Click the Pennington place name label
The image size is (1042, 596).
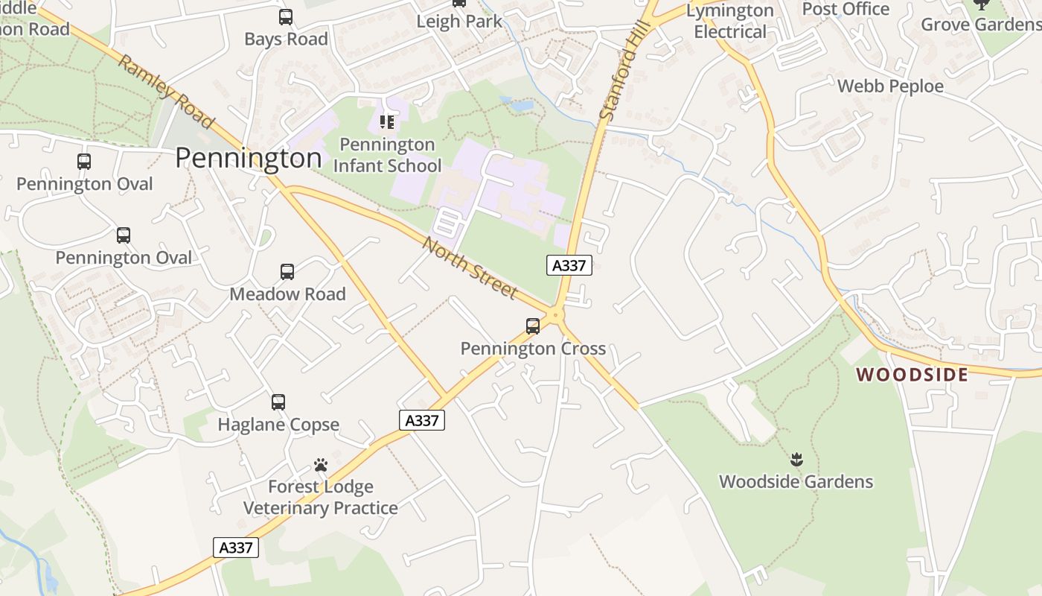click(249, 158)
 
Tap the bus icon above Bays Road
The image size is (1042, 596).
click(286, 16)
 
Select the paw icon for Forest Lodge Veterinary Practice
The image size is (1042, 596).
click(321, 465)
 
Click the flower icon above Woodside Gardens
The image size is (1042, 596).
click(796, 460)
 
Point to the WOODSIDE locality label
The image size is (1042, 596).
click(912, 374)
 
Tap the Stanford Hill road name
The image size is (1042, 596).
click(619, 72)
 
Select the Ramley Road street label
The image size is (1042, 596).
click(166, 91)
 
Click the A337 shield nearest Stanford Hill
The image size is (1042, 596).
click(569, 265)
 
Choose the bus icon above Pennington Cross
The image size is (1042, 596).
click(533, 326)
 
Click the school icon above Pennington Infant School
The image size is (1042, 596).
click(386, 121)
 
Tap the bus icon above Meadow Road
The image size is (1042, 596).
click(287, 272)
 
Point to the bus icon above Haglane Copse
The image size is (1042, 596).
click(278, 402)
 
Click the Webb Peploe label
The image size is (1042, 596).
click(890, 86)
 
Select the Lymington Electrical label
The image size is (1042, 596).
click(730, 21)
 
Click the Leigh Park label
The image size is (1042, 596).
click(459, 21)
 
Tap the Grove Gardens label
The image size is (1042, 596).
click(981, 24)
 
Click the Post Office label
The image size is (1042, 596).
click(846, 9)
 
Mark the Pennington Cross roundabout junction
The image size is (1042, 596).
click(556, 315)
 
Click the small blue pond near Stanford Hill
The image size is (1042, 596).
click(521, 104)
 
